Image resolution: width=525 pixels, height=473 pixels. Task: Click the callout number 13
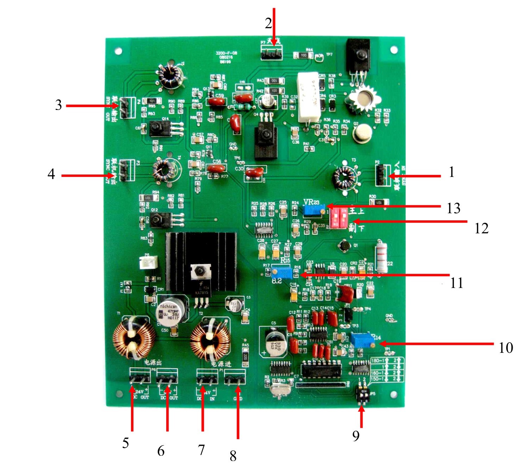454,208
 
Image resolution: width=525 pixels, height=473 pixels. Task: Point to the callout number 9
356,436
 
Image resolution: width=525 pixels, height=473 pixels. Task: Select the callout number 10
506,348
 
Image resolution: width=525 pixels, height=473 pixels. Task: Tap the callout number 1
451,172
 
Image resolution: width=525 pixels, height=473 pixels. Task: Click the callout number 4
51,174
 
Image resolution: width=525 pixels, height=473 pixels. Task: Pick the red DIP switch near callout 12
338,218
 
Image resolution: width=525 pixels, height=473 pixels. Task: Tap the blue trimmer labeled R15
282,272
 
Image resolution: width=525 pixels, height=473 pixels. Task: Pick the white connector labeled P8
148,262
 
